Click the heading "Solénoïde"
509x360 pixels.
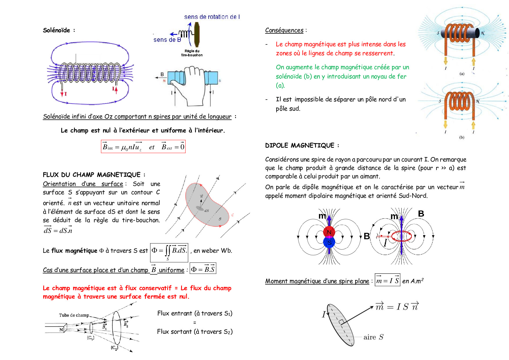(x=57, y=30)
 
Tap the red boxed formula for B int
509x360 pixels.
(x=143, y=147)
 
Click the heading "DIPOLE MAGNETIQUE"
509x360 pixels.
(x=300, y=145)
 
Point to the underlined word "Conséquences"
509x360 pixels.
(x=284, y=30)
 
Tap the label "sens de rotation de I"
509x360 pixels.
(x=212, y=17)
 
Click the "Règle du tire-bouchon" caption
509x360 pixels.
(x=192, y=53)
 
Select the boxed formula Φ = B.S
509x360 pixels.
(x=203, y=269)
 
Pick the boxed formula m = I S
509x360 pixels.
(x=387, y=280)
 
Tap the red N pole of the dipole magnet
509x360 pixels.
(x=329, y=232)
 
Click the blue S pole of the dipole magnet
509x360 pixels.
(x=329, y=242)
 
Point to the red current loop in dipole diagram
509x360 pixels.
(x=401, y=236)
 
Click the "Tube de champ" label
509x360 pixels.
(x=74, y=315)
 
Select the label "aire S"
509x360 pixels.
(x=373, y=337)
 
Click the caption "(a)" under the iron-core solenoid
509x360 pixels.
(x=462, y=74)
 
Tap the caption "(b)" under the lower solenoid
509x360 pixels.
(x=462, y=137)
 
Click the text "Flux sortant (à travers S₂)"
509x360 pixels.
(x=195, y=332)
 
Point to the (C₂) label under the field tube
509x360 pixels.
(x=114, y=348)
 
